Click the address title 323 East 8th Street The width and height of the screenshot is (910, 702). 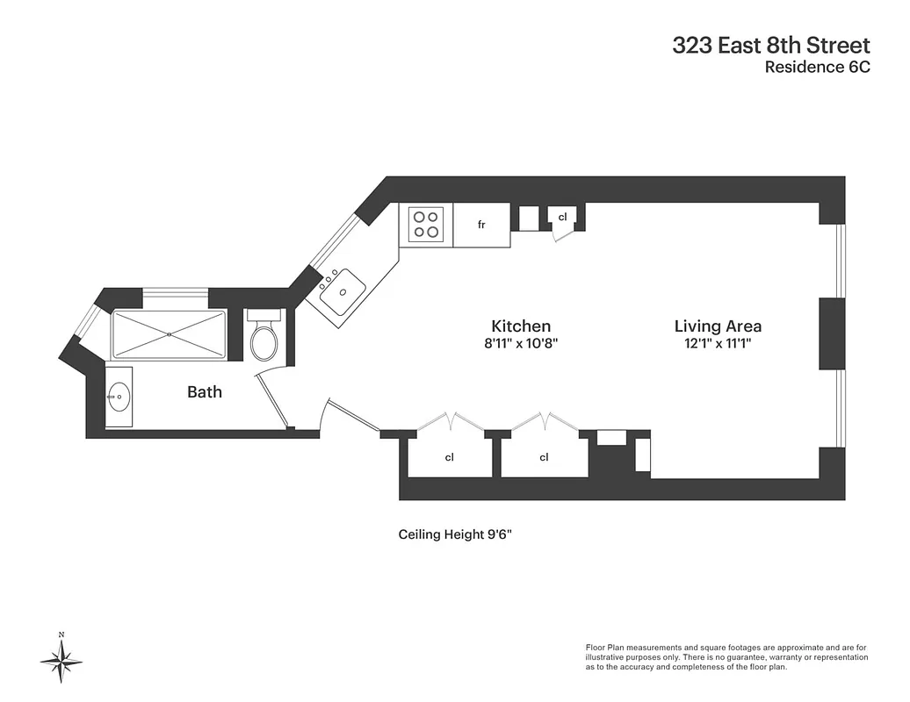pos(770,46)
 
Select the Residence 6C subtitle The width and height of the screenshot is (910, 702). pos(817,68)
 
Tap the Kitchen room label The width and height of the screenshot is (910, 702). pos(521,326)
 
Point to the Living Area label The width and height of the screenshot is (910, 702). pos(718,326)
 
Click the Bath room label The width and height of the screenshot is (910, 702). pos(205,392)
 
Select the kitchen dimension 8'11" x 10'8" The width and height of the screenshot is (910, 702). pos(521,344)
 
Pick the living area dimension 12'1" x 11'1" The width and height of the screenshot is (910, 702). pos(718,344)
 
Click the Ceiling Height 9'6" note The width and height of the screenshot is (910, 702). pos(454,534)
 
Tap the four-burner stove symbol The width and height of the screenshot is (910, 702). pos(427,225)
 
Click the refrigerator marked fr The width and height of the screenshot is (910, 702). pos(481,226)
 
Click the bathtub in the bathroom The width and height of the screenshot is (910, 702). pos(169,334)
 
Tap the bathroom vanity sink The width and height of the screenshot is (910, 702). pos(119,398)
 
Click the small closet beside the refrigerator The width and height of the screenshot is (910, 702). pos(562,217)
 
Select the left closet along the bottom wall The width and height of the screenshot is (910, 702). pos(449,457)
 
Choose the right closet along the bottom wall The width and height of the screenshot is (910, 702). pos(544,457)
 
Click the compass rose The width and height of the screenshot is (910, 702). pos(61,659)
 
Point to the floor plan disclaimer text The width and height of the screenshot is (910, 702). pos(726,657)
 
